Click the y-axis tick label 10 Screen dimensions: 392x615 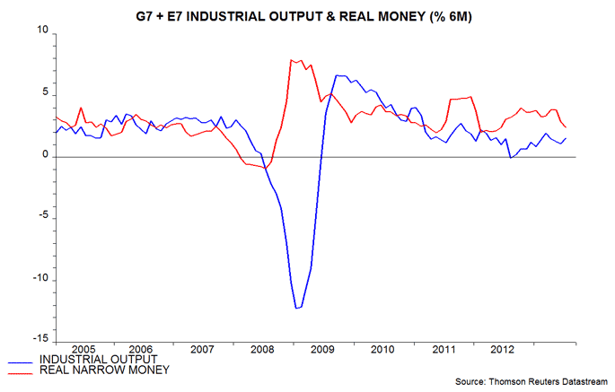coord(41,31)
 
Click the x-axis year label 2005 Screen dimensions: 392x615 coord(82,348)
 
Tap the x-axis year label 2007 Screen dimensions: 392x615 coord(202,348)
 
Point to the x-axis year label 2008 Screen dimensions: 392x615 coord(263,348)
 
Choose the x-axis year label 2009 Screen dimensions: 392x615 coord(323,348)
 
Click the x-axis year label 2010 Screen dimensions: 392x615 coord(383,348)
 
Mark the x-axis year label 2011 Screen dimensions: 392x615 coord(444,348)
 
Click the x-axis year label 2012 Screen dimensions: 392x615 coord(504,348)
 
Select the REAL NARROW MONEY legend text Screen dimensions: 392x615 coord(106,370)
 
